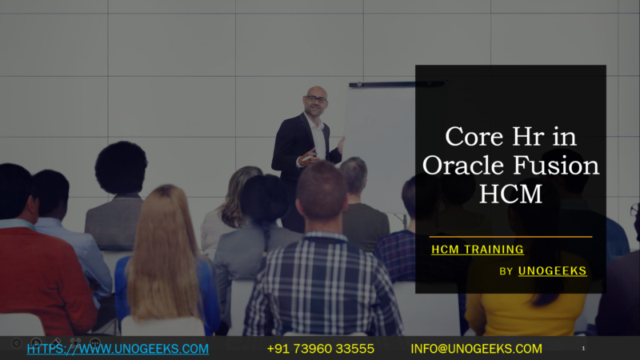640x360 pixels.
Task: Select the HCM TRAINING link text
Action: pos(478,250)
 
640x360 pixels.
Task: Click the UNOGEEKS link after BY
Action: pos(553,271)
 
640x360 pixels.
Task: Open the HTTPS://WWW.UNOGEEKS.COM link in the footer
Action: pos(118,349)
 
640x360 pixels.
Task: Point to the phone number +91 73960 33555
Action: pos(320,349)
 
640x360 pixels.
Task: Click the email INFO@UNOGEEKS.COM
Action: pos(476,349)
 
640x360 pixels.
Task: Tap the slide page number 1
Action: pos(583,349)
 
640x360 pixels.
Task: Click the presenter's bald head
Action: pos(316,93)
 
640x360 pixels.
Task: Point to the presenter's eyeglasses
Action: pos(317,99)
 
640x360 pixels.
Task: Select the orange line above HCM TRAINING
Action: pos(510,237)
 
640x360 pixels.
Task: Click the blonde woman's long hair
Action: pos(165,248)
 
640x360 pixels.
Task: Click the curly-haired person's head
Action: pos(121,167)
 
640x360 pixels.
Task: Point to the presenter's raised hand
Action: pos(341,144)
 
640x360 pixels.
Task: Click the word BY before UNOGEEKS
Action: pos(506,272)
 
